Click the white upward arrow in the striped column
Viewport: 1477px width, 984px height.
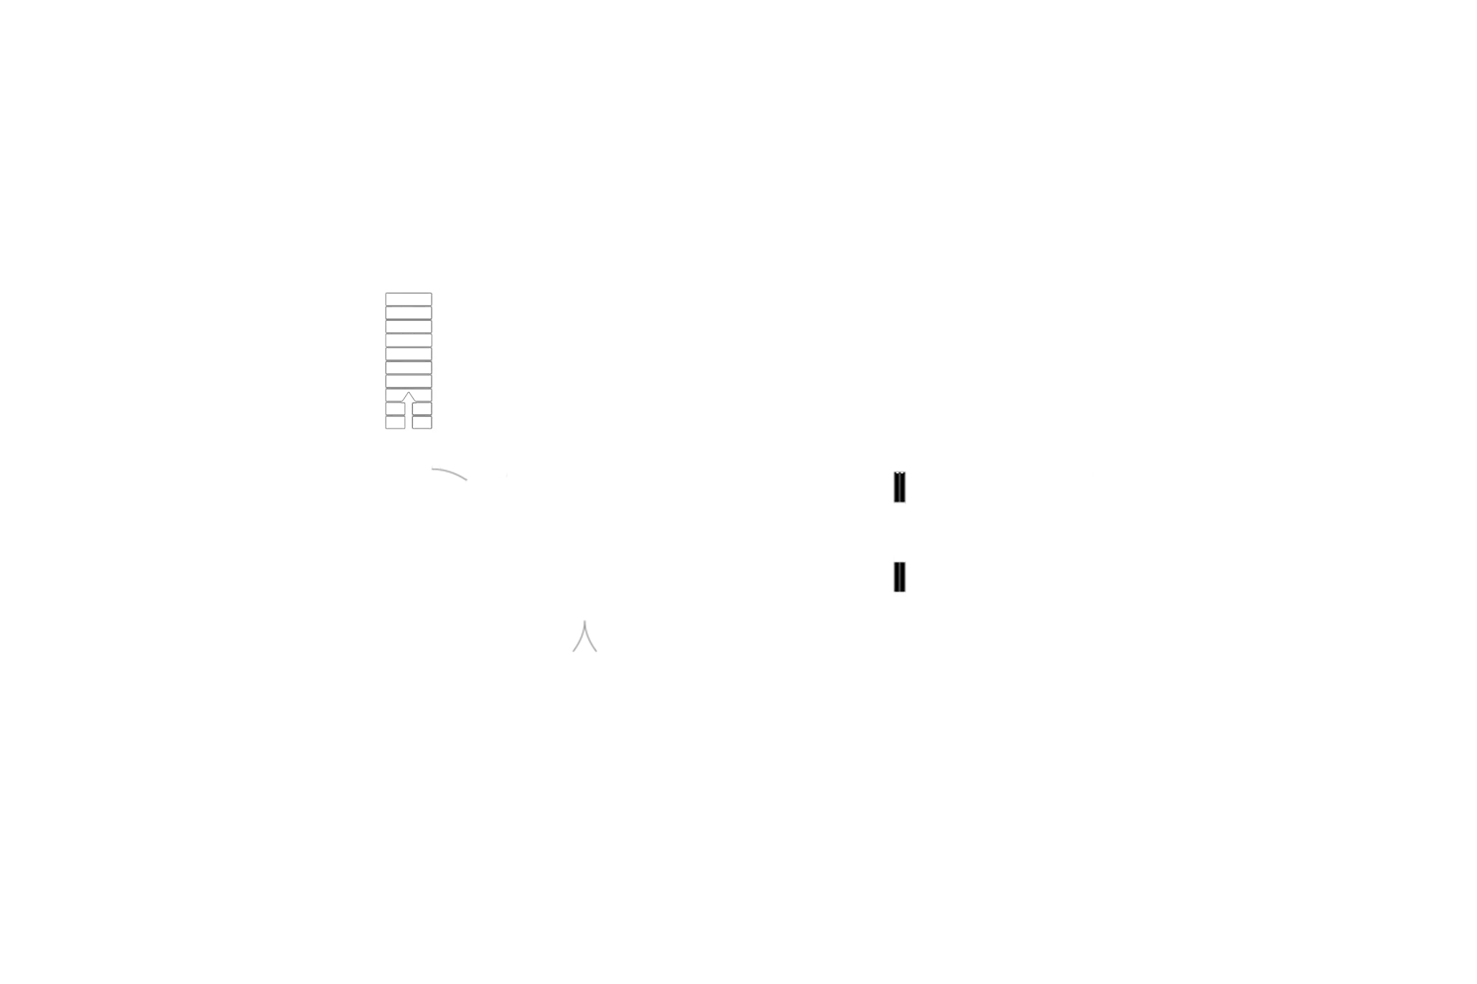(x=409, y=409)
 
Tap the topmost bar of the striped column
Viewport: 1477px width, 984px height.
(x=409, y=298)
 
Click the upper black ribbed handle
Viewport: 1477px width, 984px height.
(x=898, y=488)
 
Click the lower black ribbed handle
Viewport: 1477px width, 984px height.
(x=898, y=578)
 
